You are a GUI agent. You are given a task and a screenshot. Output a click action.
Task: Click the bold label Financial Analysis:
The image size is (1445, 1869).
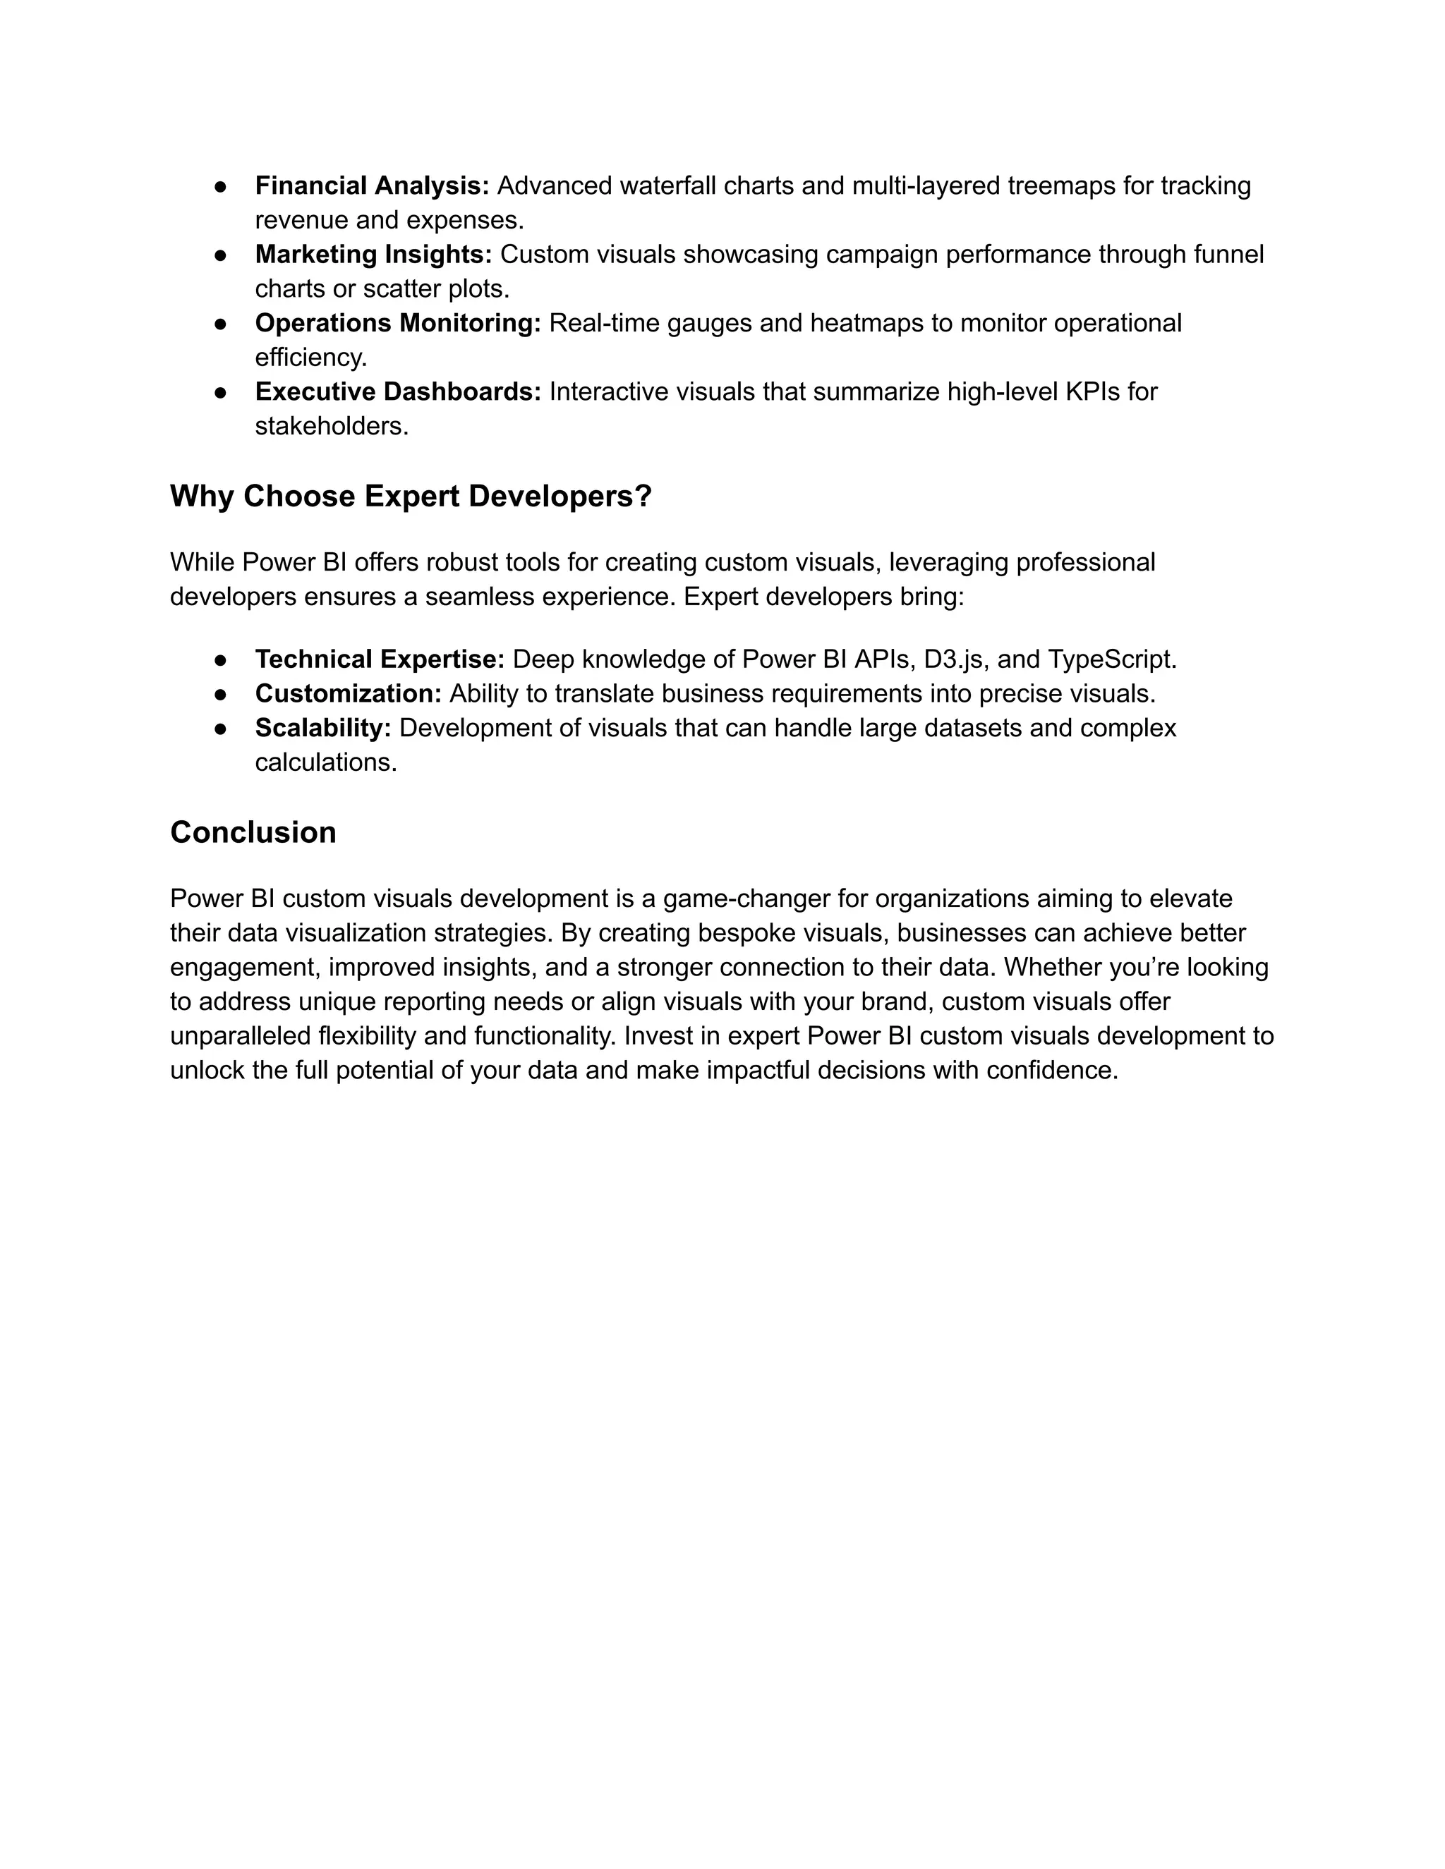(x=372, y=185)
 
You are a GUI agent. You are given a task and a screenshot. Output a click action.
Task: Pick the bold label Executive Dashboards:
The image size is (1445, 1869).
(x=398, y=391)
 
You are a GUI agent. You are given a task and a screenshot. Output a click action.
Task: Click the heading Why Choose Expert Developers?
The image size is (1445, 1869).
(x=411, y=497)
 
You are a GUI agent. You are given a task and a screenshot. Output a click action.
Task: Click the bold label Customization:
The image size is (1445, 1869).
(x=349, y=693)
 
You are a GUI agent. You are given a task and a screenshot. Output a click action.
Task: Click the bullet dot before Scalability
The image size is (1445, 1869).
(x=220, y=729)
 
